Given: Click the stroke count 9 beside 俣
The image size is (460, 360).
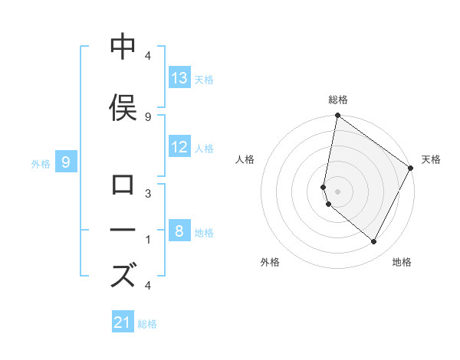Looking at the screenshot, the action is point(147,116).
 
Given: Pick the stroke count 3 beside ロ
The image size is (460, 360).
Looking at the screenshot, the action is point(147,195).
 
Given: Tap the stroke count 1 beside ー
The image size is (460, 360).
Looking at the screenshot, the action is point(147,240).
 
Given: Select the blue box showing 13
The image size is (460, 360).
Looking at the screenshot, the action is point(179,78).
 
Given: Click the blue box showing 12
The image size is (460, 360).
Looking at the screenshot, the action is point(179,147).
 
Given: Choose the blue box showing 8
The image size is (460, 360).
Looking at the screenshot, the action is point(179,231).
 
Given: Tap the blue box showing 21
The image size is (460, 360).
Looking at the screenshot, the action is point(123,322).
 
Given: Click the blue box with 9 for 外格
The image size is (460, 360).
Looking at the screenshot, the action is point(67,162).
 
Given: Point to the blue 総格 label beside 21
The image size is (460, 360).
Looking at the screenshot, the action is point(147,324).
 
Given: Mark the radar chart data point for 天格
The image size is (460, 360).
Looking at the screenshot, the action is point(411,169).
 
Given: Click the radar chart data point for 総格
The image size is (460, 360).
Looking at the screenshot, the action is point(337,116).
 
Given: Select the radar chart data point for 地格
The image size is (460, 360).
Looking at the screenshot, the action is point(374,241).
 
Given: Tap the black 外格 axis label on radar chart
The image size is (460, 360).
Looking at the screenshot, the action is point(270,262).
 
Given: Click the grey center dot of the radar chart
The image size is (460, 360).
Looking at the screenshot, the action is point(337,191).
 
